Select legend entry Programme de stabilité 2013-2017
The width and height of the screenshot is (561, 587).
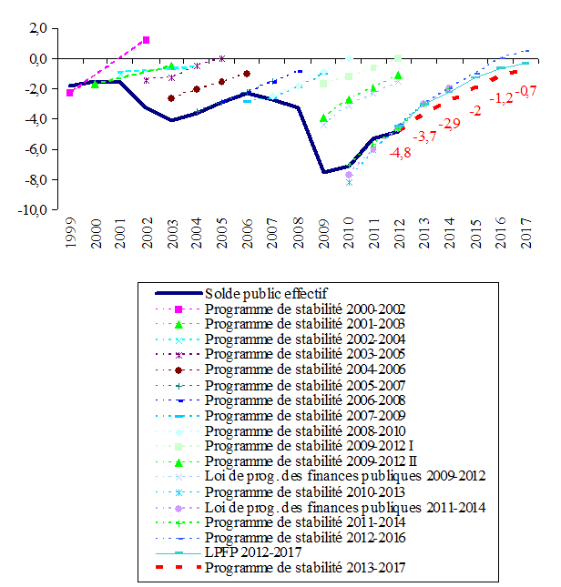[304, 568]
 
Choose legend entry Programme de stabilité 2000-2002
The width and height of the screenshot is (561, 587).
[304, 309]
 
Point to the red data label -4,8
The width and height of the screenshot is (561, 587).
[400, 153]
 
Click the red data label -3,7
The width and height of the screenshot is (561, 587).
[425, 137]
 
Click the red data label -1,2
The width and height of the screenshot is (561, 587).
[503, 97]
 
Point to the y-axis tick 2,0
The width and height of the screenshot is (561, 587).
[37, 29]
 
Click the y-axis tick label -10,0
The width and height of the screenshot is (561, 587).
[33, 209]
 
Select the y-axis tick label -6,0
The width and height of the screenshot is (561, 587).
[36, 149]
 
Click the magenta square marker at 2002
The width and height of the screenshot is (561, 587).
[146, 40]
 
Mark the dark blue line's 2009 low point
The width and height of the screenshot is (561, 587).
[323, 172]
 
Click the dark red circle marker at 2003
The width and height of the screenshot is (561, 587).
[171, 98]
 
